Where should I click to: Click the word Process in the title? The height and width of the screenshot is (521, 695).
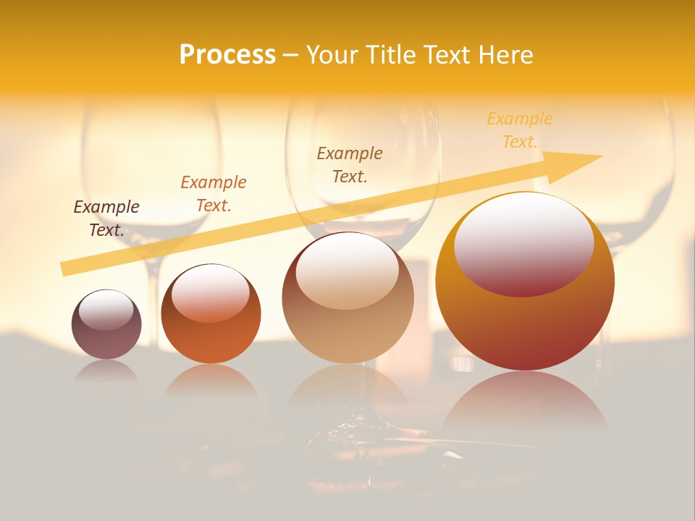click(227, 55)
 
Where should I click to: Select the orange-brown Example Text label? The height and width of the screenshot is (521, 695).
click(214, 194)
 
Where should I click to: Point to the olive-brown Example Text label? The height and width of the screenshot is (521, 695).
click(350, 164)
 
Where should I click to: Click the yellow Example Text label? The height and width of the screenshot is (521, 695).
click(519, 130)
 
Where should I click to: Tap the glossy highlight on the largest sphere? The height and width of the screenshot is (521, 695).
click(524, 244)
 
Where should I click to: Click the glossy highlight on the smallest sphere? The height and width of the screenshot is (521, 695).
click(106, 310)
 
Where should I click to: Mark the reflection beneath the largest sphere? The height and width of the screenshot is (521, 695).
click(525, 402)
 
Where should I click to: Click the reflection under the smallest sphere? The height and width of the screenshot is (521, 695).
click(106, 370)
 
